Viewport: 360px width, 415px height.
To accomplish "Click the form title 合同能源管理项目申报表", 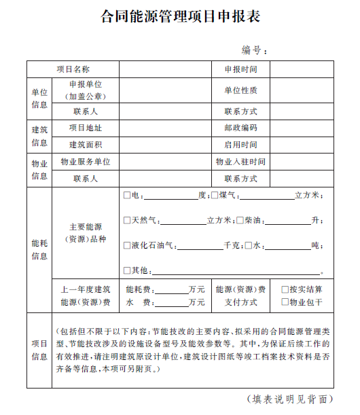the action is (180, 16).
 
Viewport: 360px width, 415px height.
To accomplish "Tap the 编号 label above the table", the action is (253, 50).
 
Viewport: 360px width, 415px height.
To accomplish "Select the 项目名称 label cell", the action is (73, 69).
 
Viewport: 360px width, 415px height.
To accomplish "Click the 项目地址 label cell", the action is (85, 128).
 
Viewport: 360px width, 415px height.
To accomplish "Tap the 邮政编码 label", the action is (240, 128).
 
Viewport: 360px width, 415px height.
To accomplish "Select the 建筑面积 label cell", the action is (85, 145).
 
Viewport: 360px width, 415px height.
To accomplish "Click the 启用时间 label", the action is (240, 145).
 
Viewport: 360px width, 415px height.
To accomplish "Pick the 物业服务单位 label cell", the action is (85, 162).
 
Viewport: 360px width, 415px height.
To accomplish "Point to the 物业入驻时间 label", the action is (240, 162).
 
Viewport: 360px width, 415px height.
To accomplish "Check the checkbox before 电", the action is (127, 196).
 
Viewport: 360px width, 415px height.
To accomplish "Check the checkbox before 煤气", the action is (214, 196).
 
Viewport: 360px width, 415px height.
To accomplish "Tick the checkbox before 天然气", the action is (127, 220).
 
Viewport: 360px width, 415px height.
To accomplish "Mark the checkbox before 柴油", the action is (239, 220).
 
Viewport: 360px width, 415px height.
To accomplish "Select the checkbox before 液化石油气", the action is (127, 245).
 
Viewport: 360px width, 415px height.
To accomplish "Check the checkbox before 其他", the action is (127, 270).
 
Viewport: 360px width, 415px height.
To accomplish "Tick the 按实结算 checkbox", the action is (285, 289).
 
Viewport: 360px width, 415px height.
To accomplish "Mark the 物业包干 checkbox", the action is (285, 302).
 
